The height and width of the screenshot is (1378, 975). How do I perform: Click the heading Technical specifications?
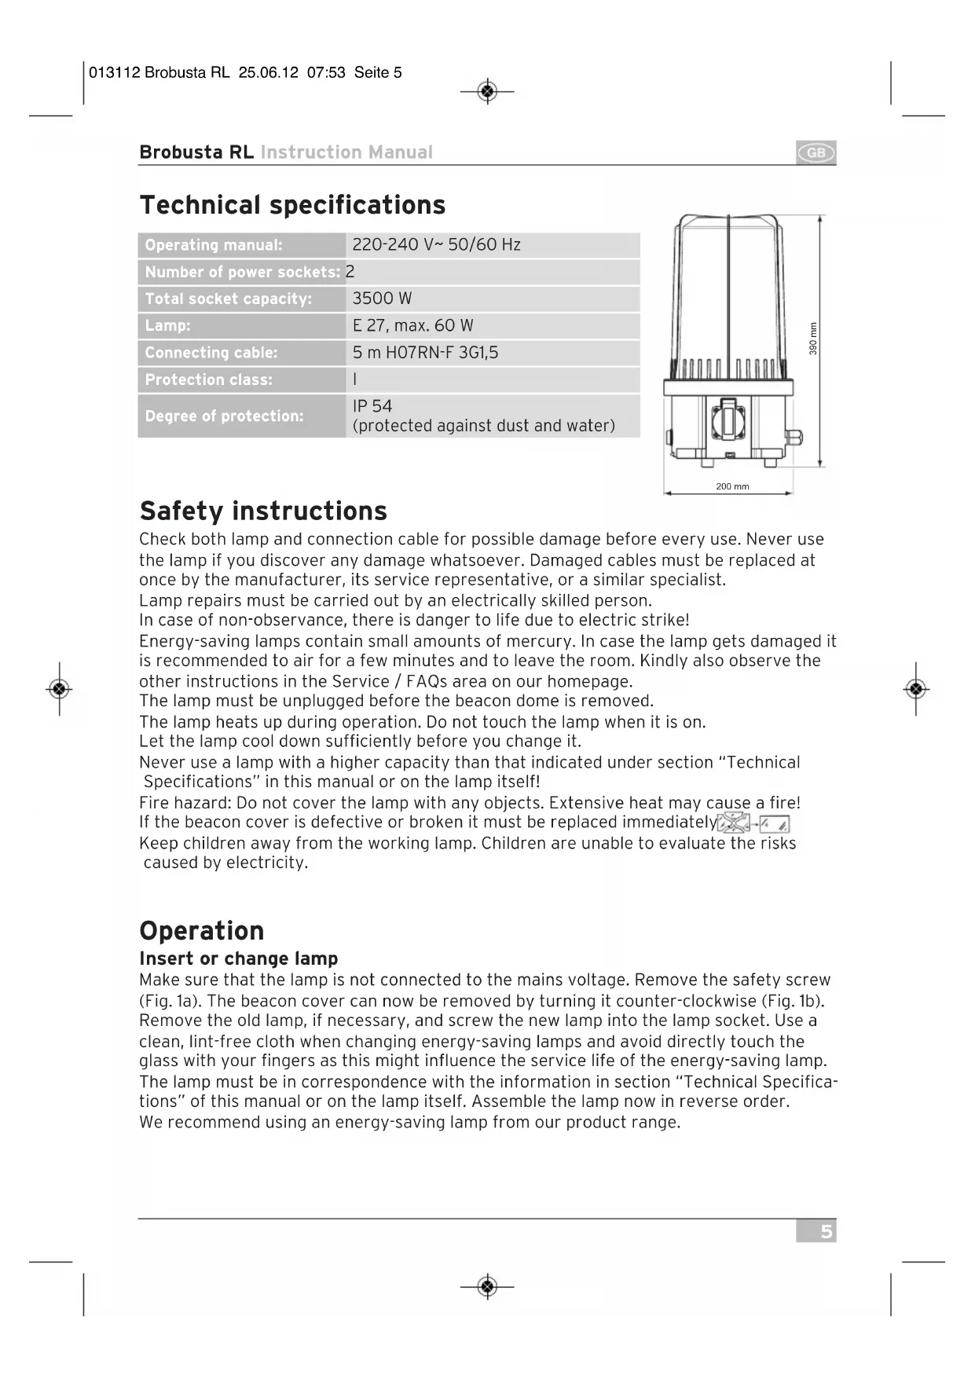point(292,205)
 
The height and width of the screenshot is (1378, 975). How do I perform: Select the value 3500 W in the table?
point(382,299)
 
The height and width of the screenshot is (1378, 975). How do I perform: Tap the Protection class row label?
point(209,379)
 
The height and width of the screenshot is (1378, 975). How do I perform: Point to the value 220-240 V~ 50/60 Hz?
point(436,244)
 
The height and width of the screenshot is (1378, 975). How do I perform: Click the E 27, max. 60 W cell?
point(412,325)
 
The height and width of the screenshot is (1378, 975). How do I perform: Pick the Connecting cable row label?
point(211,353)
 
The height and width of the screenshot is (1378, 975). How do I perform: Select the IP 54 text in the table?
point(372,406)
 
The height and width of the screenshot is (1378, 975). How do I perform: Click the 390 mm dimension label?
point(813,339)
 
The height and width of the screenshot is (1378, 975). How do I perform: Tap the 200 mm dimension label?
point(732,486)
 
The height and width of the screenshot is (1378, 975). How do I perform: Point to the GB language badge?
point(816,152)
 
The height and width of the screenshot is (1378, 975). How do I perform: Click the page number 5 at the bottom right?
point(825,1231)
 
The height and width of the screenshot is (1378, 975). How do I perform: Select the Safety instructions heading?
point(263,511)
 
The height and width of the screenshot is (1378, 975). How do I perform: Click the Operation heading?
point(202,931)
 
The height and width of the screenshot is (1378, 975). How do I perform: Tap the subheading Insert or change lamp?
point(238,958)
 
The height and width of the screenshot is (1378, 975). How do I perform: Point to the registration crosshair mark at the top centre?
point(487,92)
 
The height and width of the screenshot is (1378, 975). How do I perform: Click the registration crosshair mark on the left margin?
point(60,689)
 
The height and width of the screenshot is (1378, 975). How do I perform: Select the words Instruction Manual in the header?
point(346,152)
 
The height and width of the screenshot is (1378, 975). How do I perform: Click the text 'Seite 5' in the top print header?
point(378,73)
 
